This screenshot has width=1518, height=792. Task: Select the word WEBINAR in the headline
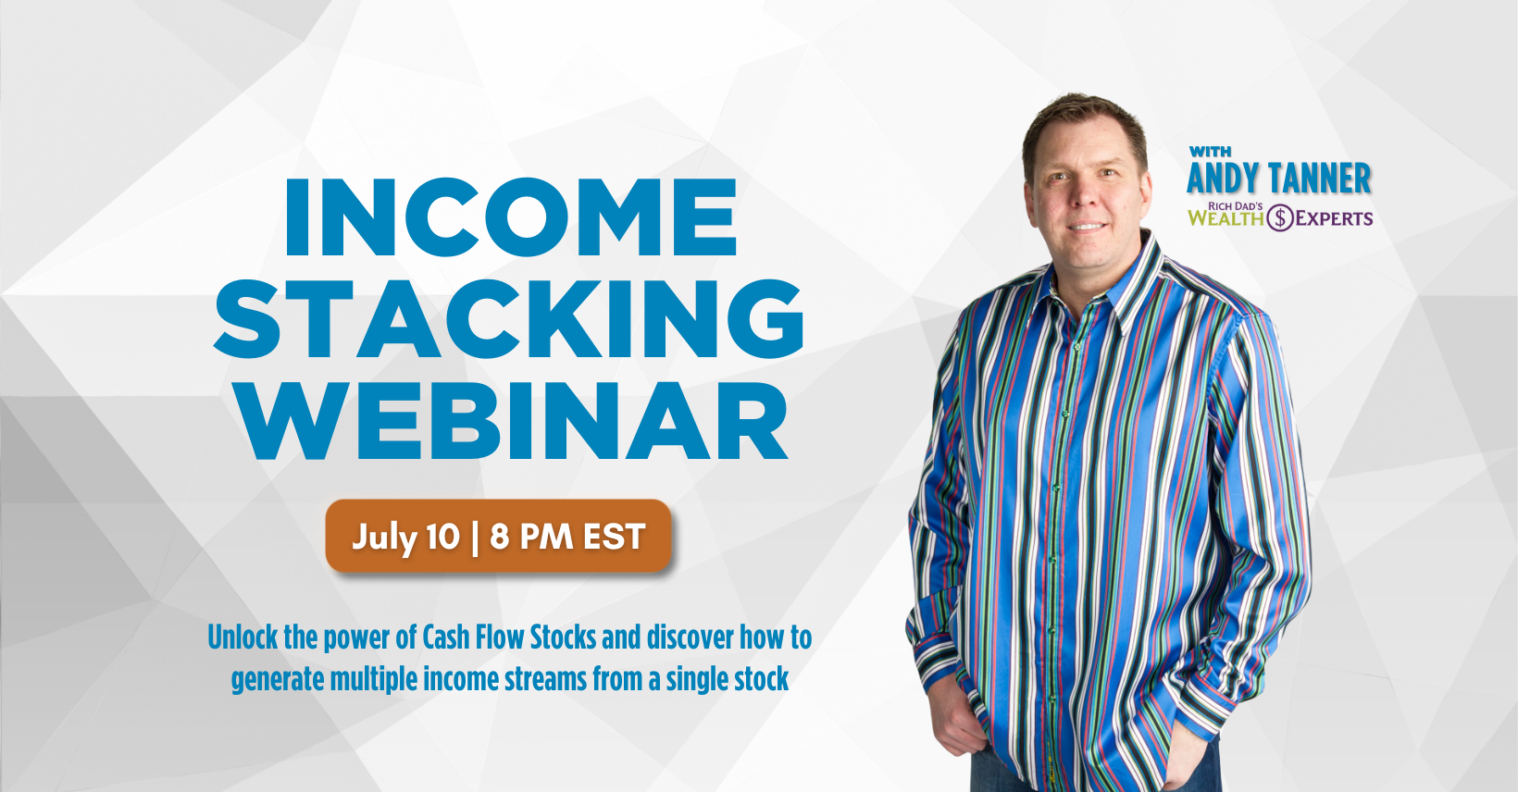pyautogui.click(x=514, y=420)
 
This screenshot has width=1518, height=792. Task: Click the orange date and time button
pyautogui.click(x=498, y=536)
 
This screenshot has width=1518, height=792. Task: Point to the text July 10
pyautogui.click(x=405, y=538)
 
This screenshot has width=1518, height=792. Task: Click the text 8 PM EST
pyautogui.click(x=567, y=537)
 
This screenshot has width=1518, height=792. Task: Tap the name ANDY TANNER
pyautogui.click(x=1279, y=179)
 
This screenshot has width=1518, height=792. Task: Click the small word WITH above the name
pyautogui.click(x=1210, y=151)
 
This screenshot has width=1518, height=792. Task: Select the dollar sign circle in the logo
pyautogui.click(x=1280, y=217)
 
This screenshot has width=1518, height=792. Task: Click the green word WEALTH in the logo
pyautogui.click(x=1226, y=218)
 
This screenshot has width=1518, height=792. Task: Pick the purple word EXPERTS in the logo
pyautogui.click(x=1334, y=218)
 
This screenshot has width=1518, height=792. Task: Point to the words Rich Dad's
pyautogui.click(x=1236, y=205)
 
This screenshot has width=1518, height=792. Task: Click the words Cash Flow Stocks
pyautogui.click(x=509, y=637)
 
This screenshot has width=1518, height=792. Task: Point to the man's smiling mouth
pyautogui.click(x=1087, y=227)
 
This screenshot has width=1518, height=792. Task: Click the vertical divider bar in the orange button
pyautogui.click(x=475, y=538)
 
